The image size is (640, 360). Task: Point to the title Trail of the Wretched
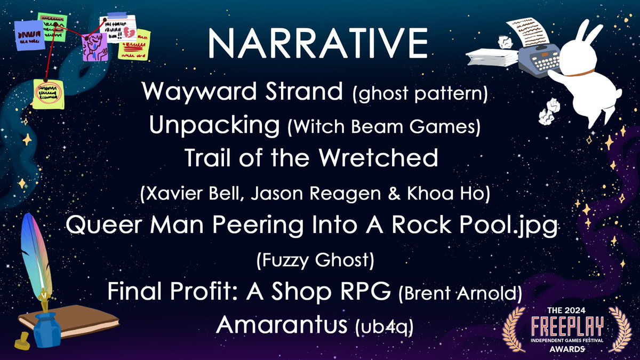311,158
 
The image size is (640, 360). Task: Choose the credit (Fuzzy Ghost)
318,262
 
